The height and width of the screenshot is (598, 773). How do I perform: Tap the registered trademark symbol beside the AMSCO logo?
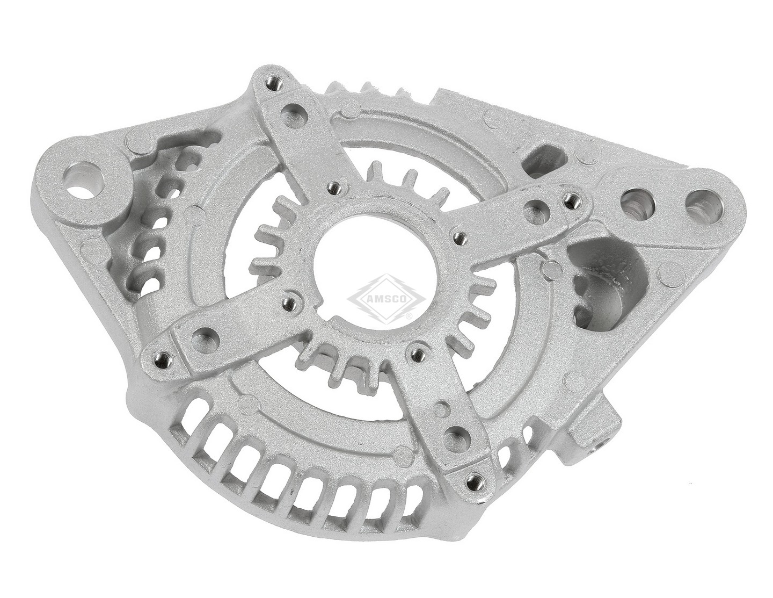[x=410, y=316]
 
